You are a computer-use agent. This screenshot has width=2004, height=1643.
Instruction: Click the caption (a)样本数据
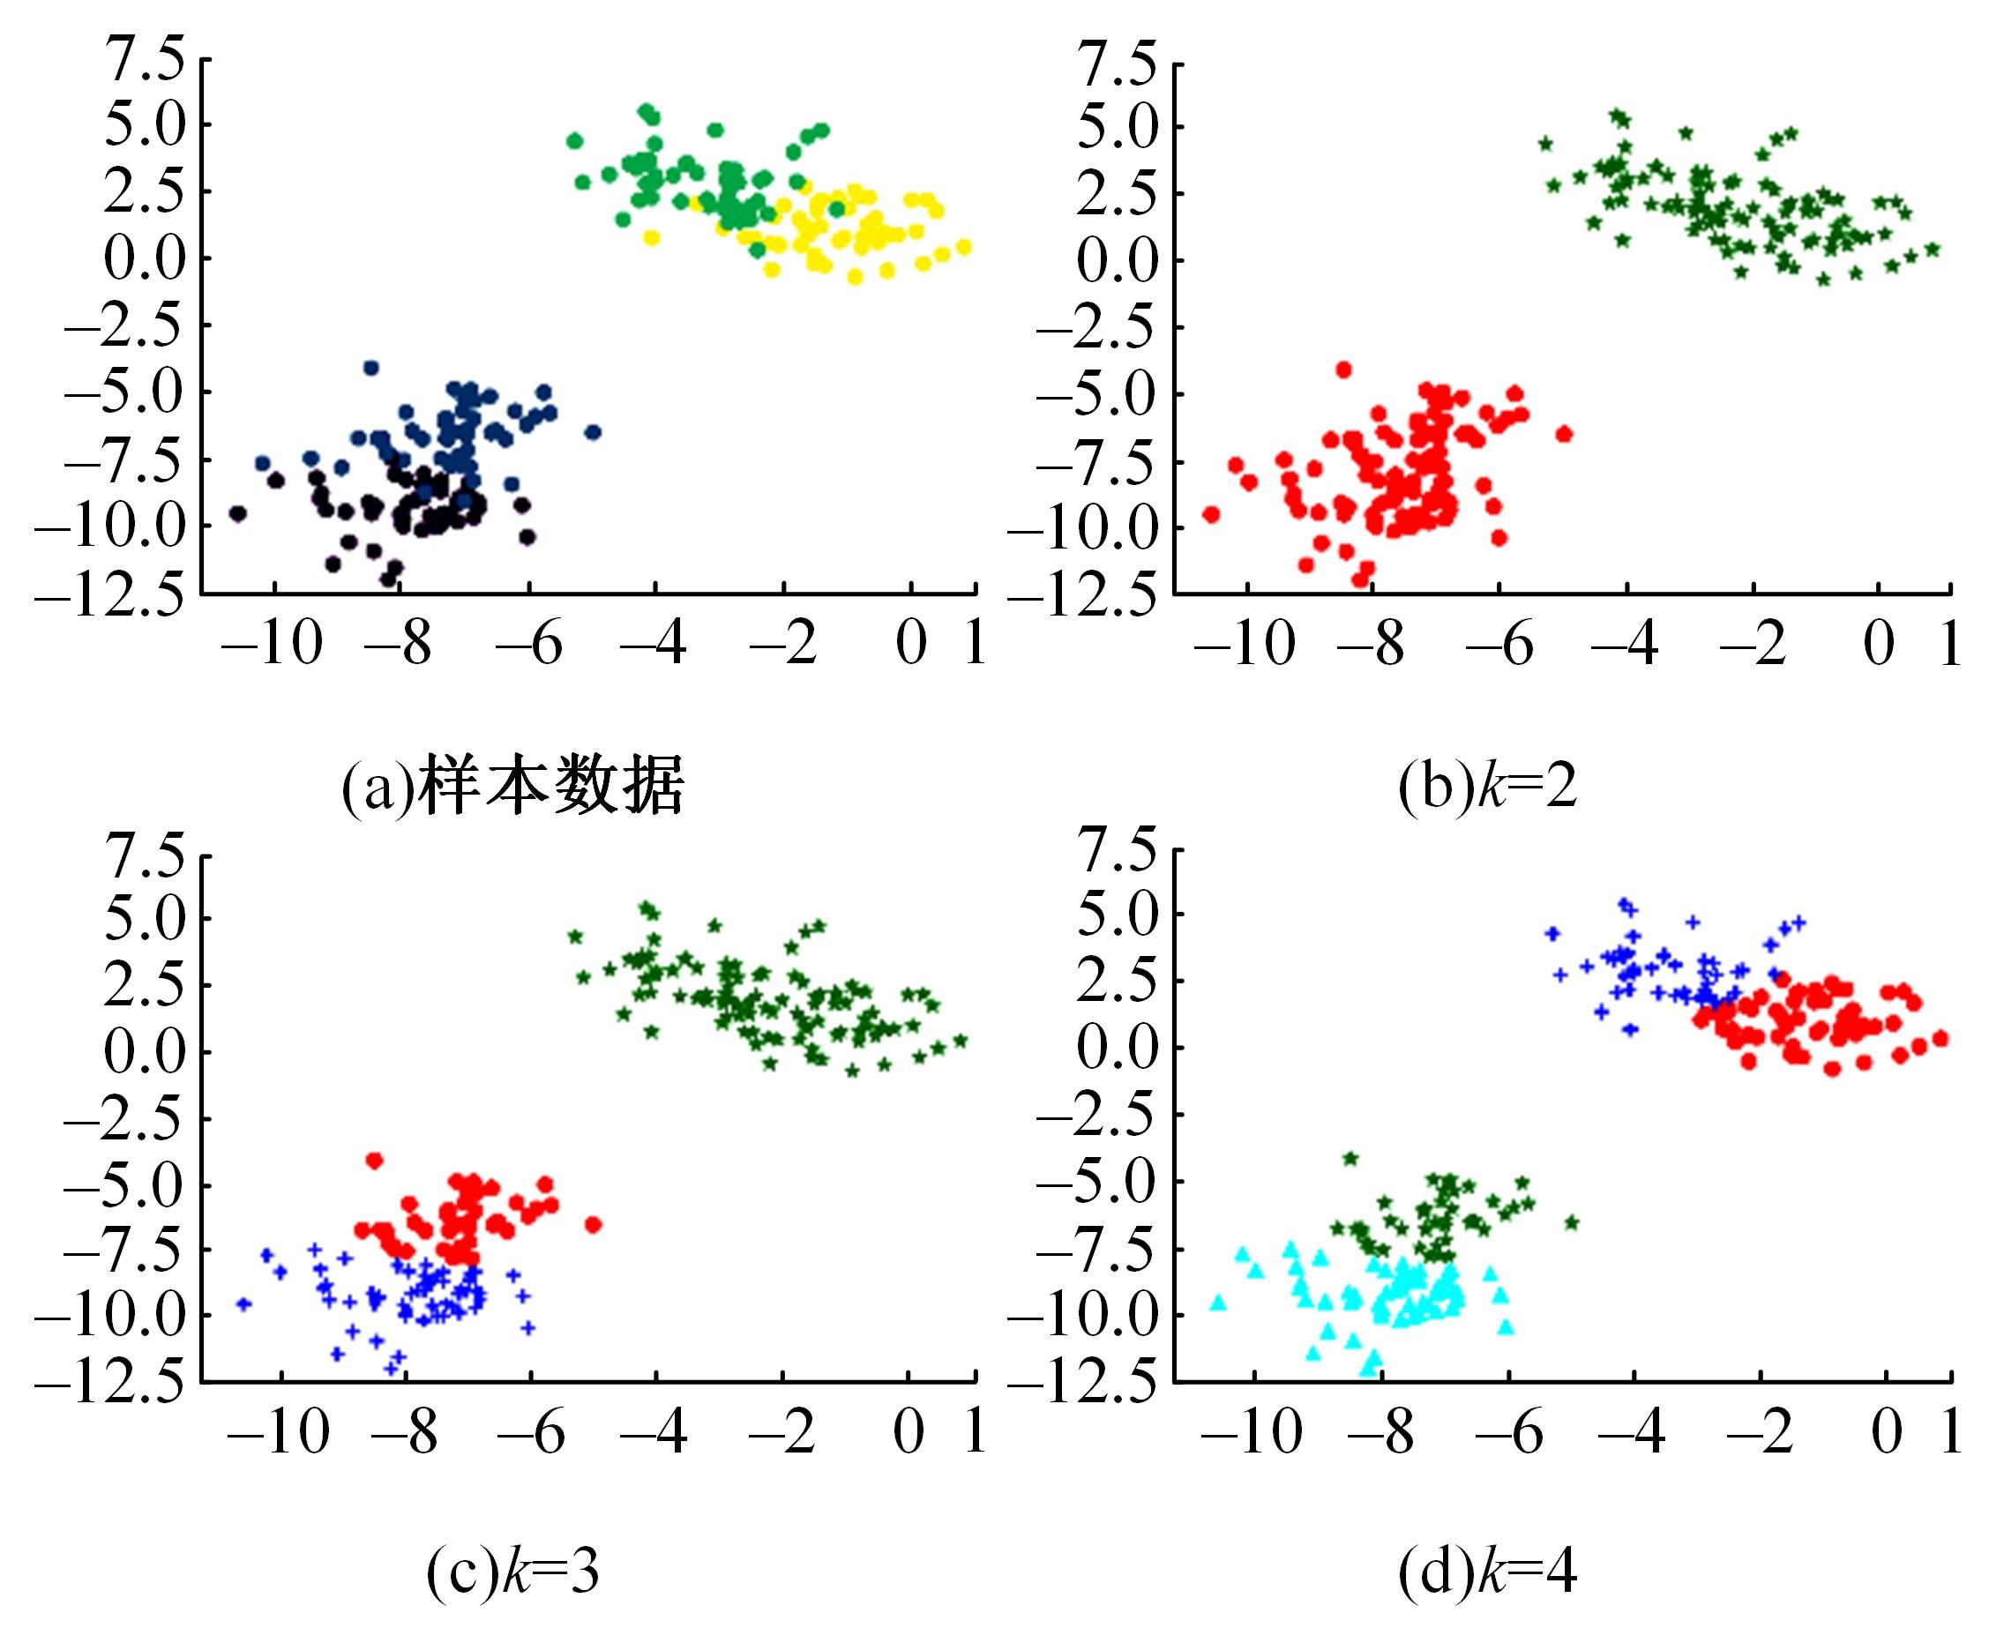tap(512, 785)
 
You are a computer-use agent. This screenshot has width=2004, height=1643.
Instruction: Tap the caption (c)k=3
tap(512, 1571)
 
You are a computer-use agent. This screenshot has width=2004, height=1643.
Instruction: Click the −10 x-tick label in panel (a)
tap(272, 644)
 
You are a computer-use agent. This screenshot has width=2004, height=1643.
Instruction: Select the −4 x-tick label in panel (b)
tap(1625, 644)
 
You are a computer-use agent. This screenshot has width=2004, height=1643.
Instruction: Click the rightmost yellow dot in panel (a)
tap(964, 247)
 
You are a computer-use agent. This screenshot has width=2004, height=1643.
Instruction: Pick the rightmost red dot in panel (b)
tap(1564, 435)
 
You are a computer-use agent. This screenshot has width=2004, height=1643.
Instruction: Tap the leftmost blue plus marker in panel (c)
tap(243, 1304)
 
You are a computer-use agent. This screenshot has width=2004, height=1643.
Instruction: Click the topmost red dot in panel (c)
tap(374, 1161)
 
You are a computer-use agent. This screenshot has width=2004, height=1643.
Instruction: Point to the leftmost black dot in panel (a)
tap(237, 514)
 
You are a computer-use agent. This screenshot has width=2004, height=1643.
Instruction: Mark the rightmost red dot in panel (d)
tap(1939, 1038)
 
